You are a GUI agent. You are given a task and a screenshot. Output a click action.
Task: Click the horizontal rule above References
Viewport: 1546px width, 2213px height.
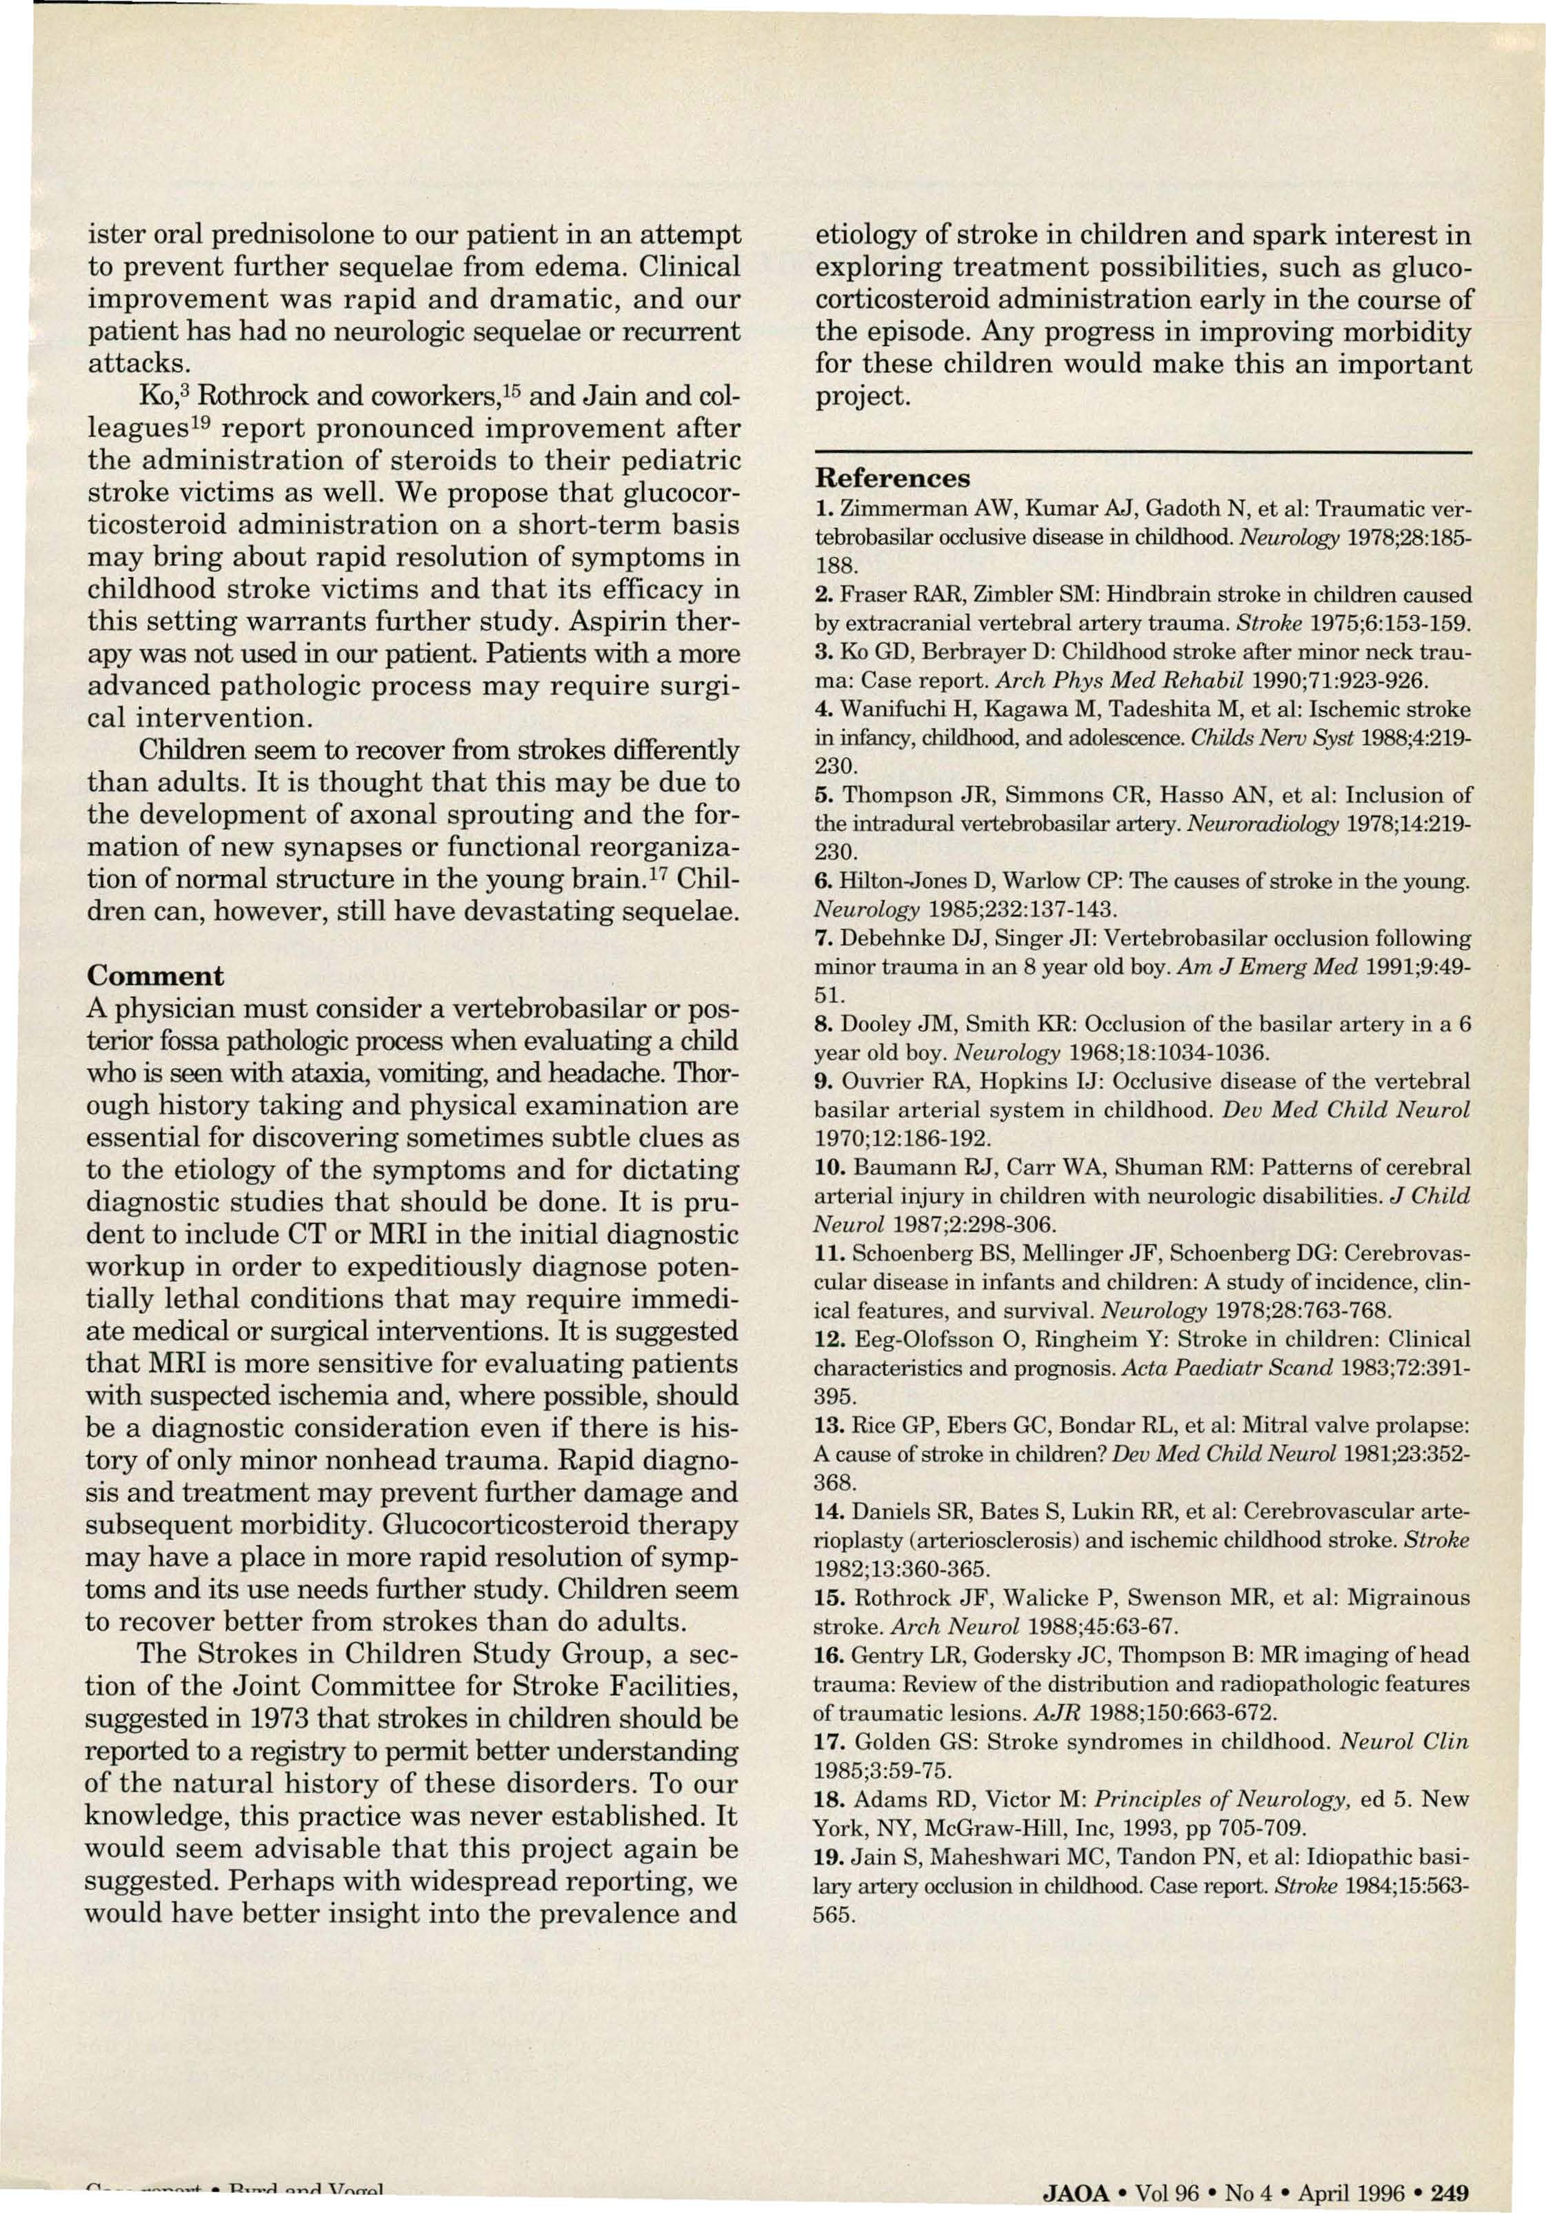(1144, 451)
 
